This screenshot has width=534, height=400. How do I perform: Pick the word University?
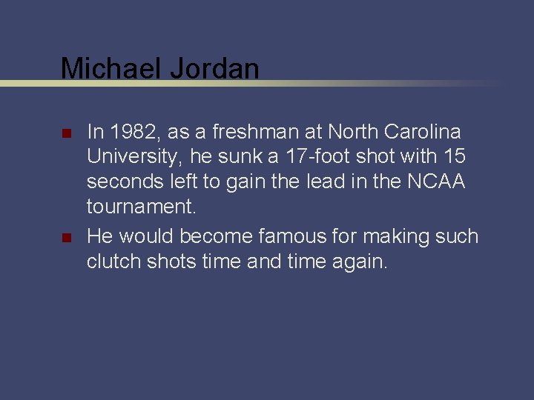[x=134, y=158]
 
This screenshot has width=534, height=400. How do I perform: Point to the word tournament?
[x=142, y=207]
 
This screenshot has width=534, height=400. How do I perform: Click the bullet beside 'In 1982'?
[x=65, y=135]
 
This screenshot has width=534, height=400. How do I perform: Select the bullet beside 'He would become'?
[x=65, y=239]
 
